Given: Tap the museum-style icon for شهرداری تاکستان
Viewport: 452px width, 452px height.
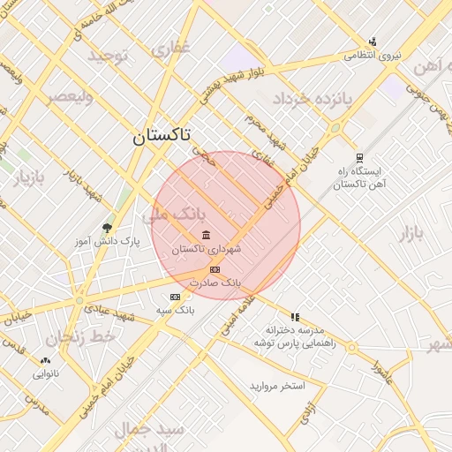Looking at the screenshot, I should point(206,235).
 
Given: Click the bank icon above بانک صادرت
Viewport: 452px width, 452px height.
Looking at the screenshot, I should point(214,268).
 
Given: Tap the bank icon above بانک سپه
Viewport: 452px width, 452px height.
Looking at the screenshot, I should point(175,297).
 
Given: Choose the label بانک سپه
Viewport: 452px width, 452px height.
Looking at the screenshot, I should point(175,310).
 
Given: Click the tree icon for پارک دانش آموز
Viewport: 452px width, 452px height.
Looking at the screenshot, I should point(108,228).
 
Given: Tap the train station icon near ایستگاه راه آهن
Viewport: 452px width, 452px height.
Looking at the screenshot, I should point(359,157).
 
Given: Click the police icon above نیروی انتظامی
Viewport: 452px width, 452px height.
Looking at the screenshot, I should point(373,41).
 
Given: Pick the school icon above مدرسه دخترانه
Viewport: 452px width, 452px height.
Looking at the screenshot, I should point(295,316).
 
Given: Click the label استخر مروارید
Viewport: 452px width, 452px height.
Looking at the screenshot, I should point(276,386).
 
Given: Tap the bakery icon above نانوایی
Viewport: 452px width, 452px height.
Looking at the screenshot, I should point(45,360).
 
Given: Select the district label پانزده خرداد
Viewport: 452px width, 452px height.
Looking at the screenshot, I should point(313,98).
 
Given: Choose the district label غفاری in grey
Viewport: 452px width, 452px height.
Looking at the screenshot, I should point(170,49).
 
